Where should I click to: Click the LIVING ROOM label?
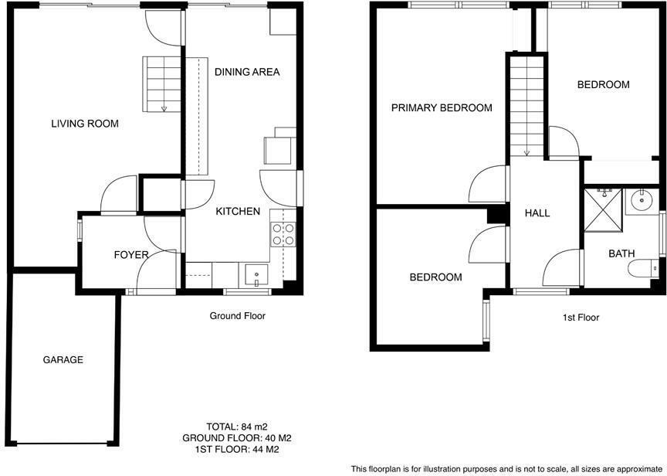85,123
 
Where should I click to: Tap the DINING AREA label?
246,72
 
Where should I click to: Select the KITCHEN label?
237,211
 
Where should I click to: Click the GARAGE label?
63,359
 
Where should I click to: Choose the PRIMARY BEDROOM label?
441,107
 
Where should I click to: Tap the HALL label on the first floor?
537,212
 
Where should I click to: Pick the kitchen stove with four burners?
283,233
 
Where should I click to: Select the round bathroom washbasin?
642,201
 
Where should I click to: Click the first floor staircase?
527,108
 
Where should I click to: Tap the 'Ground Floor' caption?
238,316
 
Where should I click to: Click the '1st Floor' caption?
580,317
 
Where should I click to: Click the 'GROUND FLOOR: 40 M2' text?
236,437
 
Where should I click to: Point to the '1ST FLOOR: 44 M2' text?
236,449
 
